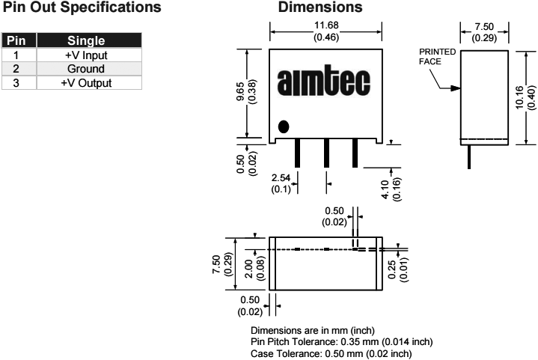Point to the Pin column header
tap(16, 41)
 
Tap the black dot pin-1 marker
tap(283, 126)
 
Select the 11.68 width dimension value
tap(326, 26)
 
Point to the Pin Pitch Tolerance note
tap(341, 342)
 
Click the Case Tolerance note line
tap(331, 353)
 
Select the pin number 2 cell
tap(16, 68)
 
